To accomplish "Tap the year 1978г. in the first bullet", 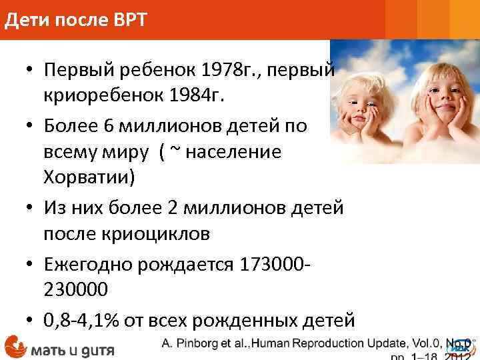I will tap(233, 69).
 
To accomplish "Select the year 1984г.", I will tap(193, 97).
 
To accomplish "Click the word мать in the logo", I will tap(50, 349).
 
